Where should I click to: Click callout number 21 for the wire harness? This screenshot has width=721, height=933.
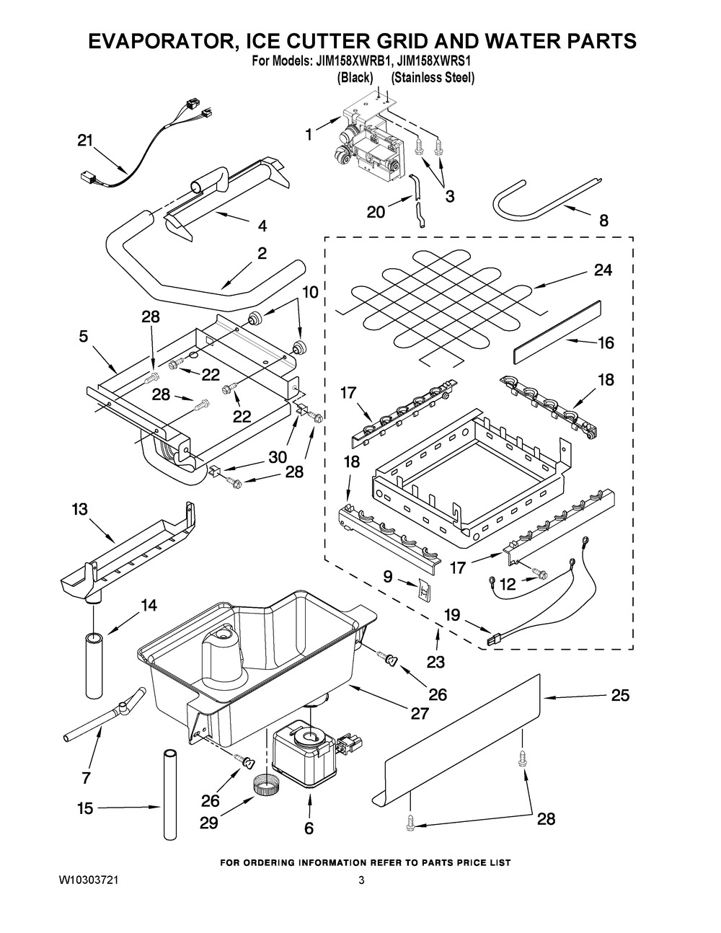click(85, 141)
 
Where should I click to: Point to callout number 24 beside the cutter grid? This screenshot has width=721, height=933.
click(603, 270)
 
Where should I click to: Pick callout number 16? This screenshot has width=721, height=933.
click(606, 342)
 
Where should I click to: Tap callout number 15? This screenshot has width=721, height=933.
click(85, 808)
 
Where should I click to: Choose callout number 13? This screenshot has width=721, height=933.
click(79, 509)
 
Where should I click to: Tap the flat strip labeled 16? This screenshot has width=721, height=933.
click(557, 332)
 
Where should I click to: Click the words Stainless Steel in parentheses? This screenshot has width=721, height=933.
click(433, 78)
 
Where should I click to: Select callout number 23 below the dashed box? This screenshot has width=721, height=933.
click(435, 662)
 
